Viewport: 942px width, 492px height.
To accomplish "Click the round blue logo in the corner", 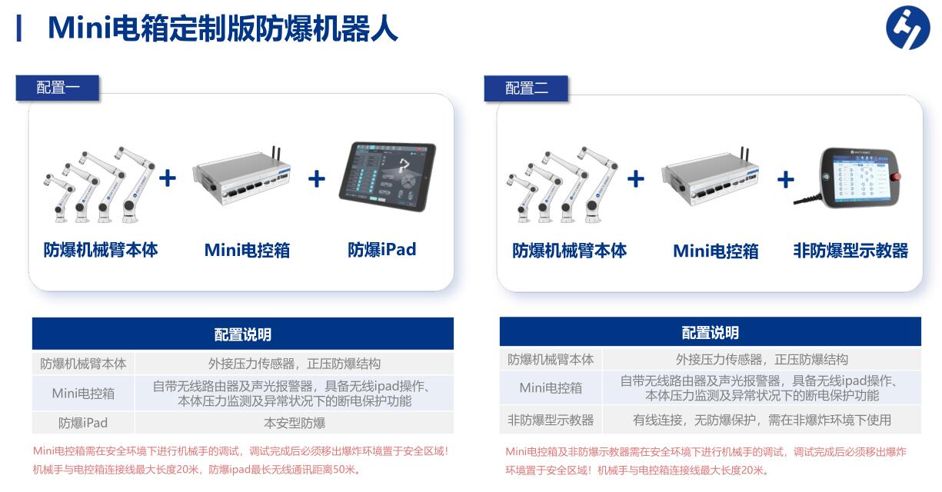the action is (x=907, y=28).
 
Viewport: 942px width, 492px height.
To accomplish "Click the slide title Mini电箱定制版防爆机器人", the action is (x=223, y=28).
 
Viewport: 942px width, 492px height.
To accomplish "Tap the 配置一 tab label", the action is (x=58, y=88).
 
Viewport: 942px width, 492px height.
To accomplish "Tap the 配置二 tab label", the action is (x=526, y=88).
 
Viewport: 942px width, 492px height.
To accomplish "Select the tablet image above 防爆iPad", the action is (x=388, y=177).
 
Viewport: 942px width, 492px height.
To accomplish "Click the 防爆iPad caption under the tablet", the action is (x=382, y=249).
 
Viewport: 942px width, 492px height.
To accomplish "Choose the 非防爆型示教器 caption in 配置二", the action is (x=850, y=251).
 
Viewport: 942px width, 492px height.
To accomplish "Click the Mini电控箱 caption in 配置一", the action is (x=247, y=250).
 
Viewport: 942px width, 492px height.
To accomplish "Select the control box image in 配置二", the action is (x=710, y=177).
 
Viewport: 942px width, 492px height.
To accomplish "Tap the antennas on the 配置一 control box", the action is (x=276, y=154).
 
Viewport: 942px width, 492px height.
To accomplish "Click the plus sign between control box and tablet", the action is (x=317, y=178).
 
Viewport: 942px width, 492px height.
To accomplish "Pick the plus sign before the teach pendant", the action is (x=786, y=180).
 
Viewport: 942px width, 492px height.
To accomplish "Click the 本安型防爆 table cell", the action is (x=295, y=423).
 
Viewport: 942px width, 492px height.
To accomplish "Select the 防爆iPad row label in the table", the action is (x=83, y=423).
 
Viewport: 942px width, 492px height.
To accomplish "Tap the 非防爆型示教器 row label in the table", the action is (x=551, y=420).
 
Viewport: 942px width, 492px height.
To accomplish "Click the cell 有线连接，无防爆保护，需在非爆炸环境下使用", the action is (x=762, y=420).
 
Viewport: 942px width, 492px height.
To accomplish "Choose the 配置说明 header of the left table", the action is (x=243, y=334).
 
